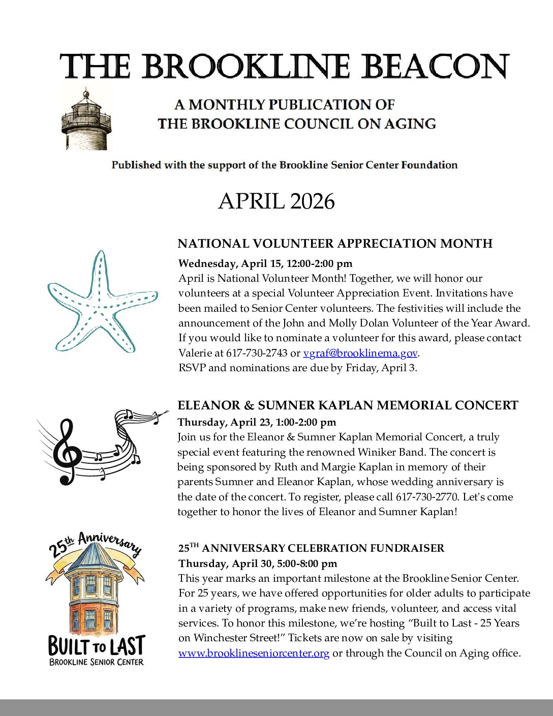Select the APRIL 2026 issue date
tap(276, 201)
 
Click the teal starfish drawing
tap(101, 303)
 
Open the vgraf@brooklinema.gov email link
tap(360, 353)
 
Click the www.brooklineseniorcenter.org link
tap(254, 653)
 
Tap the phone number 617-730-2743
tap(257, 353)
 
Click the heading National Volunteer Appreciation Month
tap(335, 244)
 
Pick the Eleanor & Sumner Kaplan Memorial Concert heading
tap(348, 405)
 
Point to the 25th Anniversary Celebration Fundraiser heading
tap(311, 548)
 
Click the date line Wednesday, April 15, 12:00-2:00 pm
tap(265, 263)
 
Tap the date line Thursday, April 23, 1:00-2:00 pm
tap(257, 422)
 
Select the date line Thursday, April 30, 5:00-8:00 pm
tap(258, 563)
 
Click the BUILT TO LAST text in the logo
tap(97, 646)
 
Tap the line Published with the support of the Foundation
tap(284, 165)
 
